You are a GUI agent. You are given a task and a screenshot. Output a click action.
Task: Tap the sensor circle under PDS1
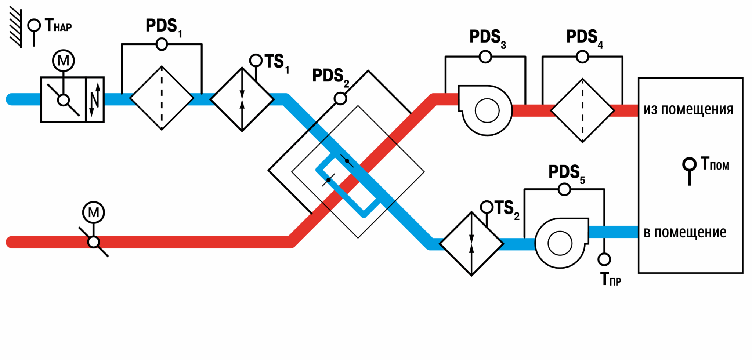(162, 44)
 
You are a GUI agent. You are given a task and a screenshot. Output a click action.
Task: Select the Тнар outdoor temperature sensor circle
(34, 25)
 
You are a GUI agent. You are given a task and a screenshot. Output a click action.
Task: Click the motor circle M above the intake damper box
(64, 61)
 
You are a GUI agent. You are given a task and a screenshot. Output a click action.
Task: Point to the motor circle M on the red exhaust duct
(94, 212)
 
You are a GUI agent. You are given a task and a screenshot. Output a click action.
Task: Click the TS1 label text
(277, 63)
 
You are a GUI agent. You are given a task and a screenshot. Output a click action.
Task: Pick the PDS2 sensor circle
(340, 98)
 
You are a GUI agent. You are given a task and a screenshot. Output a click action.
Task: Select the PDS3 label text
(488, 39)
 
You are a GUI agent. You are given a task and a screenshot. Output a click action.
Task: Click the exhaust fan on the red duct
(485, 110)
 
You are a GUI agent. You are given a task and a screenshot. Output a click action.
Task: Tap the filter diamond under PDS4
(582, 110)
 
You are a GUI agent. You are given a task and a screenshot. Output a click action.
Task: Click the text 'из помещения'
(688, 110)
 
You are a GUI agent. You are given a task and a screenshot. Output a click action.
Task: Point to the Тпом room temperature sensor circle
(689, 164)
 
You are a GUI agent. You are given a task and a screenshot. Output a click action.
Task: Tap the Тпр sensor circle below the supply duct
(604, 259)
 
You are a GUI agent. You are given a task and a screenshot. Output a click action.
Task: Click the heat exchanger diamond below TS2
(471, 244)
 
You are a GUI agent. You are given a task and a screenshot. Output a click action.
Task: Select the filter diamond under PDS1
(162, 98)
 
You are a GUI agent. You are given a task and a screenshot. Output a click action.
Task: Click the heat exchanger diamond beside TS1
(242, 99)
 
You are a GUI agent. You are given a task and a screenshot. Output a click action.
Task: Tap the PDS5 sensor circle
(564, 189)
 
